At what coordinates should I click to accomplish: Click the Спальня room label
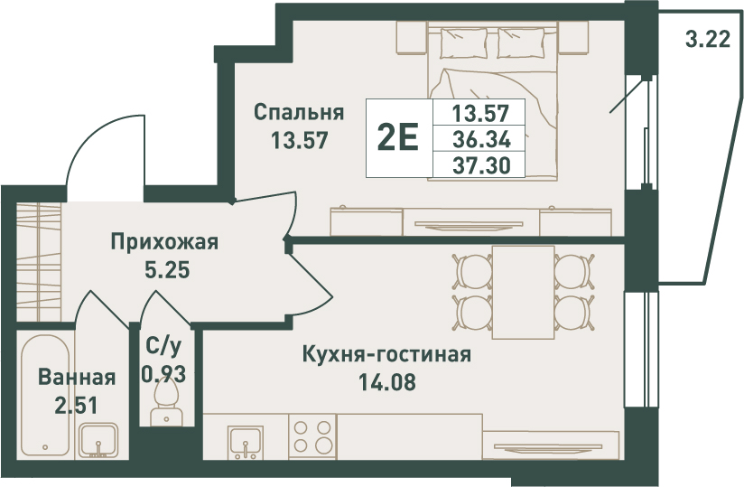click(299, 114)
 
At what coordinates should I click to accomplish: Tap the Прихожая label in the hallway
click(164, 242)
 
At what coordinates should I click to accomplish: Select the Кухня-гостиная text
click(386, 354)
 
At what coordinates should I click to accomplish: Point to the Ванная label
click(77, 378)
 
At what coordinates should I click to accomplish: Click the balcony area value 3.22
click(708, 39)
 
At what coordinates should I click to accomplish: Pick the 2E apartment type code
click(397, 136)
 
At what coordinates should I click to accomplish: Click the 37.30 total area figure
click(481, 165)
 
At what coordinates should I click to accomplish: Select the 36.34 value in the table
click(481, 139)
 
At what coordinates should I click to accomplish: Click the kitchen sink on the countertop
click(246, 442)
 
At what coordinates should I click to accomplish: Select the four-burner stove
click(312, 436)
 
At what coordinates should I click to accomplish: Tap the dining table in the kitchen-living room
click(524, 293)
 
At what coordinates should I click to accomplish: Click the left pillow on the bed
click(464, 42)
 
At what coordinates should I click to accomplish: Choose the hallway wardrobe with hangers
click(39, 262)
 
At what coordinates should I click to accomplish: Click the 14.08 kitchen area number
click(386, 381)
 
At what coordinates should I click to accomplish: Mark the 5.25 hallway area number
click(166, 270)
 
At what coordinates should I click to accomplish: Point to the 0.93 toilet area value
click(163, 376)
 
